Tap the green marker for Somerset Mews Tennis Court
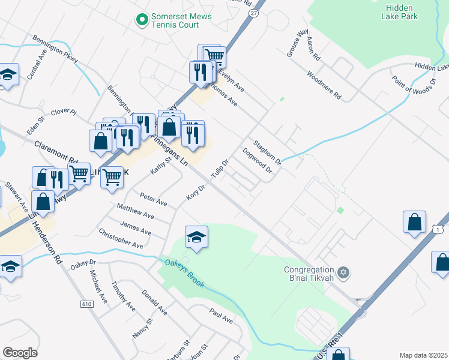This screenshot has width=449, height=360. click(x=142, y=20)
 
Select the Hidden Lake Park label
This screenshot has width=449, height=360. click(x=399, y=12)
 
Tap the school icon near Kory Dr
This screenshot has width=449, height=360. click(x=196, y=238)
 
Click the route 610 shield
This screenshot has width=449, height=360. click(x=86, y=305)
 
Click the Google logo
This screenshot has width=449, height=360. click(x=20, y=353)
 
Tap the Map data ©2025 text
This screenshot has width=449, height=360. click(x=423, y=355)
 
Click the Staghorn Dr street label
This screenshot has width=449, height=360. click(x=268, y=152)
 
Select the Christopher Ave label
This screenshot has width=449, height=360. click(x=121, y=238)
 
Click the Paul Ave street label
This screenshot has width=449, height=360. click(x=221, y=316)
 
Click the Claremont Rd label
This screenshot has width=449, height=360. click(x=56, y=152)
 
